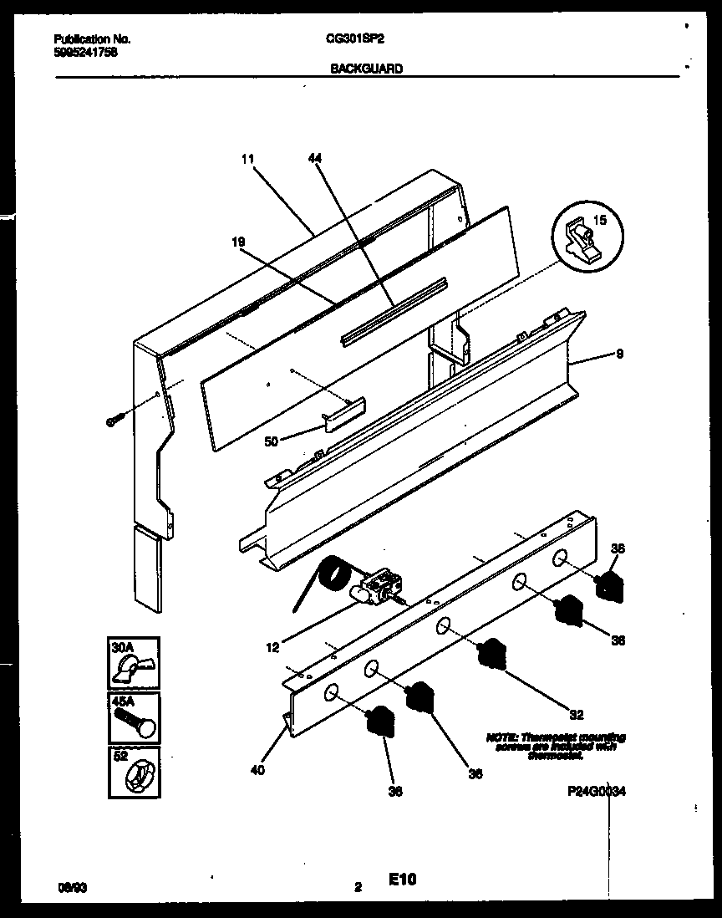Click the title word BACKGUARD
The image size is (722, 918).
[x=367, y=69]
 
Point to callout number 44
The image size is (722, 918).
[x=314, y=158]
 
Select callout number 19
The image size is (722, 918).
[x=238, y=241]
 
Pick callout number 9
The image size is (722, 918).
[x=618, y=354]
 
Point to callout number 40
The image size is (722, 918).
[x=257, y=770]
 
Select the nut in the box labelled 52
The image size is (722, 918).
[x=136, y=778]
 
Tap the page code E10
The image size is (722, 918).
[x=402, y=879]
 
